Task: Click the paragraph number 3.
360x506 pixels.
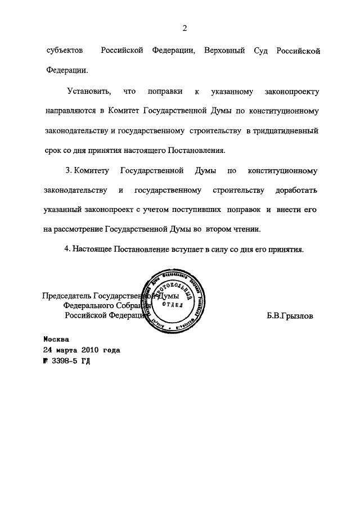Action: pos(68,170)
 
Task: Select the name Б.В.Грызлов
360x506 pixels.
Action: pos(290,316)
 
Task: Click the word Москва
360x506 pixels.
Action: pos(56,340)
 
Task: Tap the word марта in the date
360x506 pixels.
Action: pos(65,350)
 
